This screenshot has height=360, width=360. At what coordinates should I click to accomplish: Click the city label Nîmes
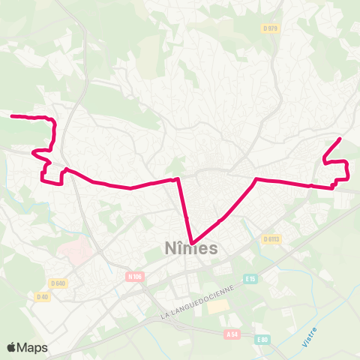tap(190, 248)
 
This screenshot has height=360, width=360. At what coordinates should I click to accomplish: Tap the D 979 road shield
tap(271, 28)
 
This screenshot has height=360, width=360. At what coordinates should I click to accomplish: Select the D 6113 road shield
tap(271, 239)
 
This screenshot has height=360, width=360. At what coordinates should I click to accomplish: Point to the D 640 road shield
tap(58, 283)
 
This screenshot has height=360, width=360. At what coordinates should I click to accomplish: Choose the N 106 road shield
tap(135, 276)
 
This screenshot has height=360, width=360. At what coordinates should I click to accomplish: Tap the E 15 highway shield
tap(250, 279)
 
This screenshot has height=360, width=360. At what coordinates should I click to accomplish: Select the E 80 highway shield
tap(262, 340)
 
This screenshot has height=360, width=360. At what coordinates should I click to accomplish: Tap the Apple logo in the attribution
tap(13, 347)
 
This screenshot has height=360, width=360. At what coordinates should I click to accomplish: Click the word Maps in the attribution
tap(33, 347)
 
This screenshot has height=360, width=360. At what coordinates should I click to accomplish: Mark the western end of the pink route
tap(11, 115)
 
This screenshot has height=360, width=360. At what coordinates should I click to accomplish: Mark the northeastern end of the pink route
tap(341, 139)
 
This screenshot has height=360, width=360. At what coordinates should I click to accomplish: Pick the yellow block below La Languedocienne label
tap(218, 307)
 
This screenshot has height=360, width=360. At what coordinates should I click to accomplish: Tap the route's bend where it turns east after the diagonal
tap(256, 179)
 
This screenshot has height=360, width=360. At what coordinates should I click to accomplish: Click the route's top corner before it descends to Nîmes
tap(178, 179)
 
